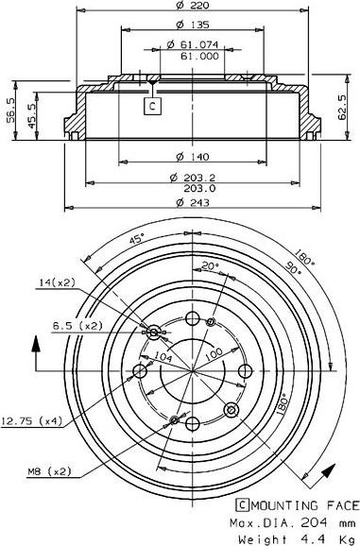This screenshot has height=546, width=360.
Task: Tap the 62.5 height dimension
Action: point(343,108)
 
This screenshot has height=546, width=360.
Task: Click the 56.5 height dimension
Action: point(11,110)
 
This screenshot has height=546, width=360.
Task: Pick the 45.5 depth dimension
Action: point(32,116)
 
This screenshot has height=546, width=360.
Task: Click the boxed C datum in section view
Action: point(152,106)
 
